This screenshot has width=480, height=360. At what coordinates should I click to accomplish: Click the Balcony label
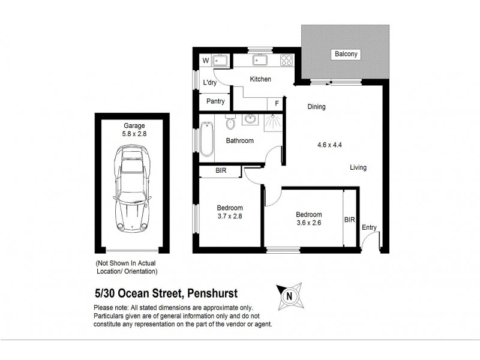346,55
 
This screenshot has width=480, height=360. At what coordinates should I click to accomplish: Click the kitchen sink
262,60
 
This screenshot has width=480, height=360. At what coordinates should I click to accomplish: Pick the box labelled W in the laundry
205,61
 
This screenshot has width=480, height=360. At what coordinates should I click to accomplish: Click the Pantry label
215,101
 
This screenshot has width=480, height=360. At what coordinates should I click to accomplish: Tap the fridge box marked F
276,103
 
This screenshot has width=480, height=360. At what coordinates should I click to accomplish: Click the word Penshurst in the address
212,293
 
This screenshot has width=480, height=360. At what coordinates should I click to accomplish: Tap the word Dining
316,107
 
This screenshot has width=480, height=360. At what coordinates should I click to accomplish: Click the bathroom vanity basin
249,120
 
